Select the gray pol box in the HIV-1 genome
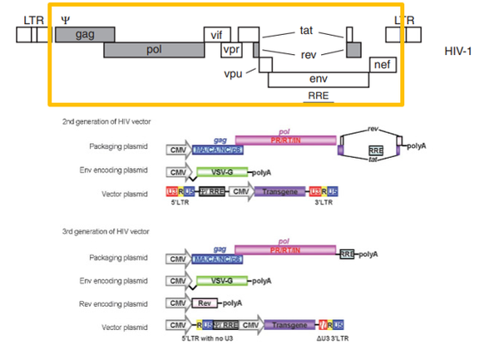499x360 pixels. point(153,50)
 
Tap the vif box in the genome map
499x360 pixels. point(217,34)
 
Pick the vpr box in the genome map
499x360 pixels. point(230,51)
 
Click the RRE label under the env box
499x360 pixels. point(318,96)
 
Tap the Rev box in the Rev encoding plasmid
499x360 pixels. point(205,303)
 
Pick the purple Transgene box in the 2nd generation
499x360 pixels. point(280,192)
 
